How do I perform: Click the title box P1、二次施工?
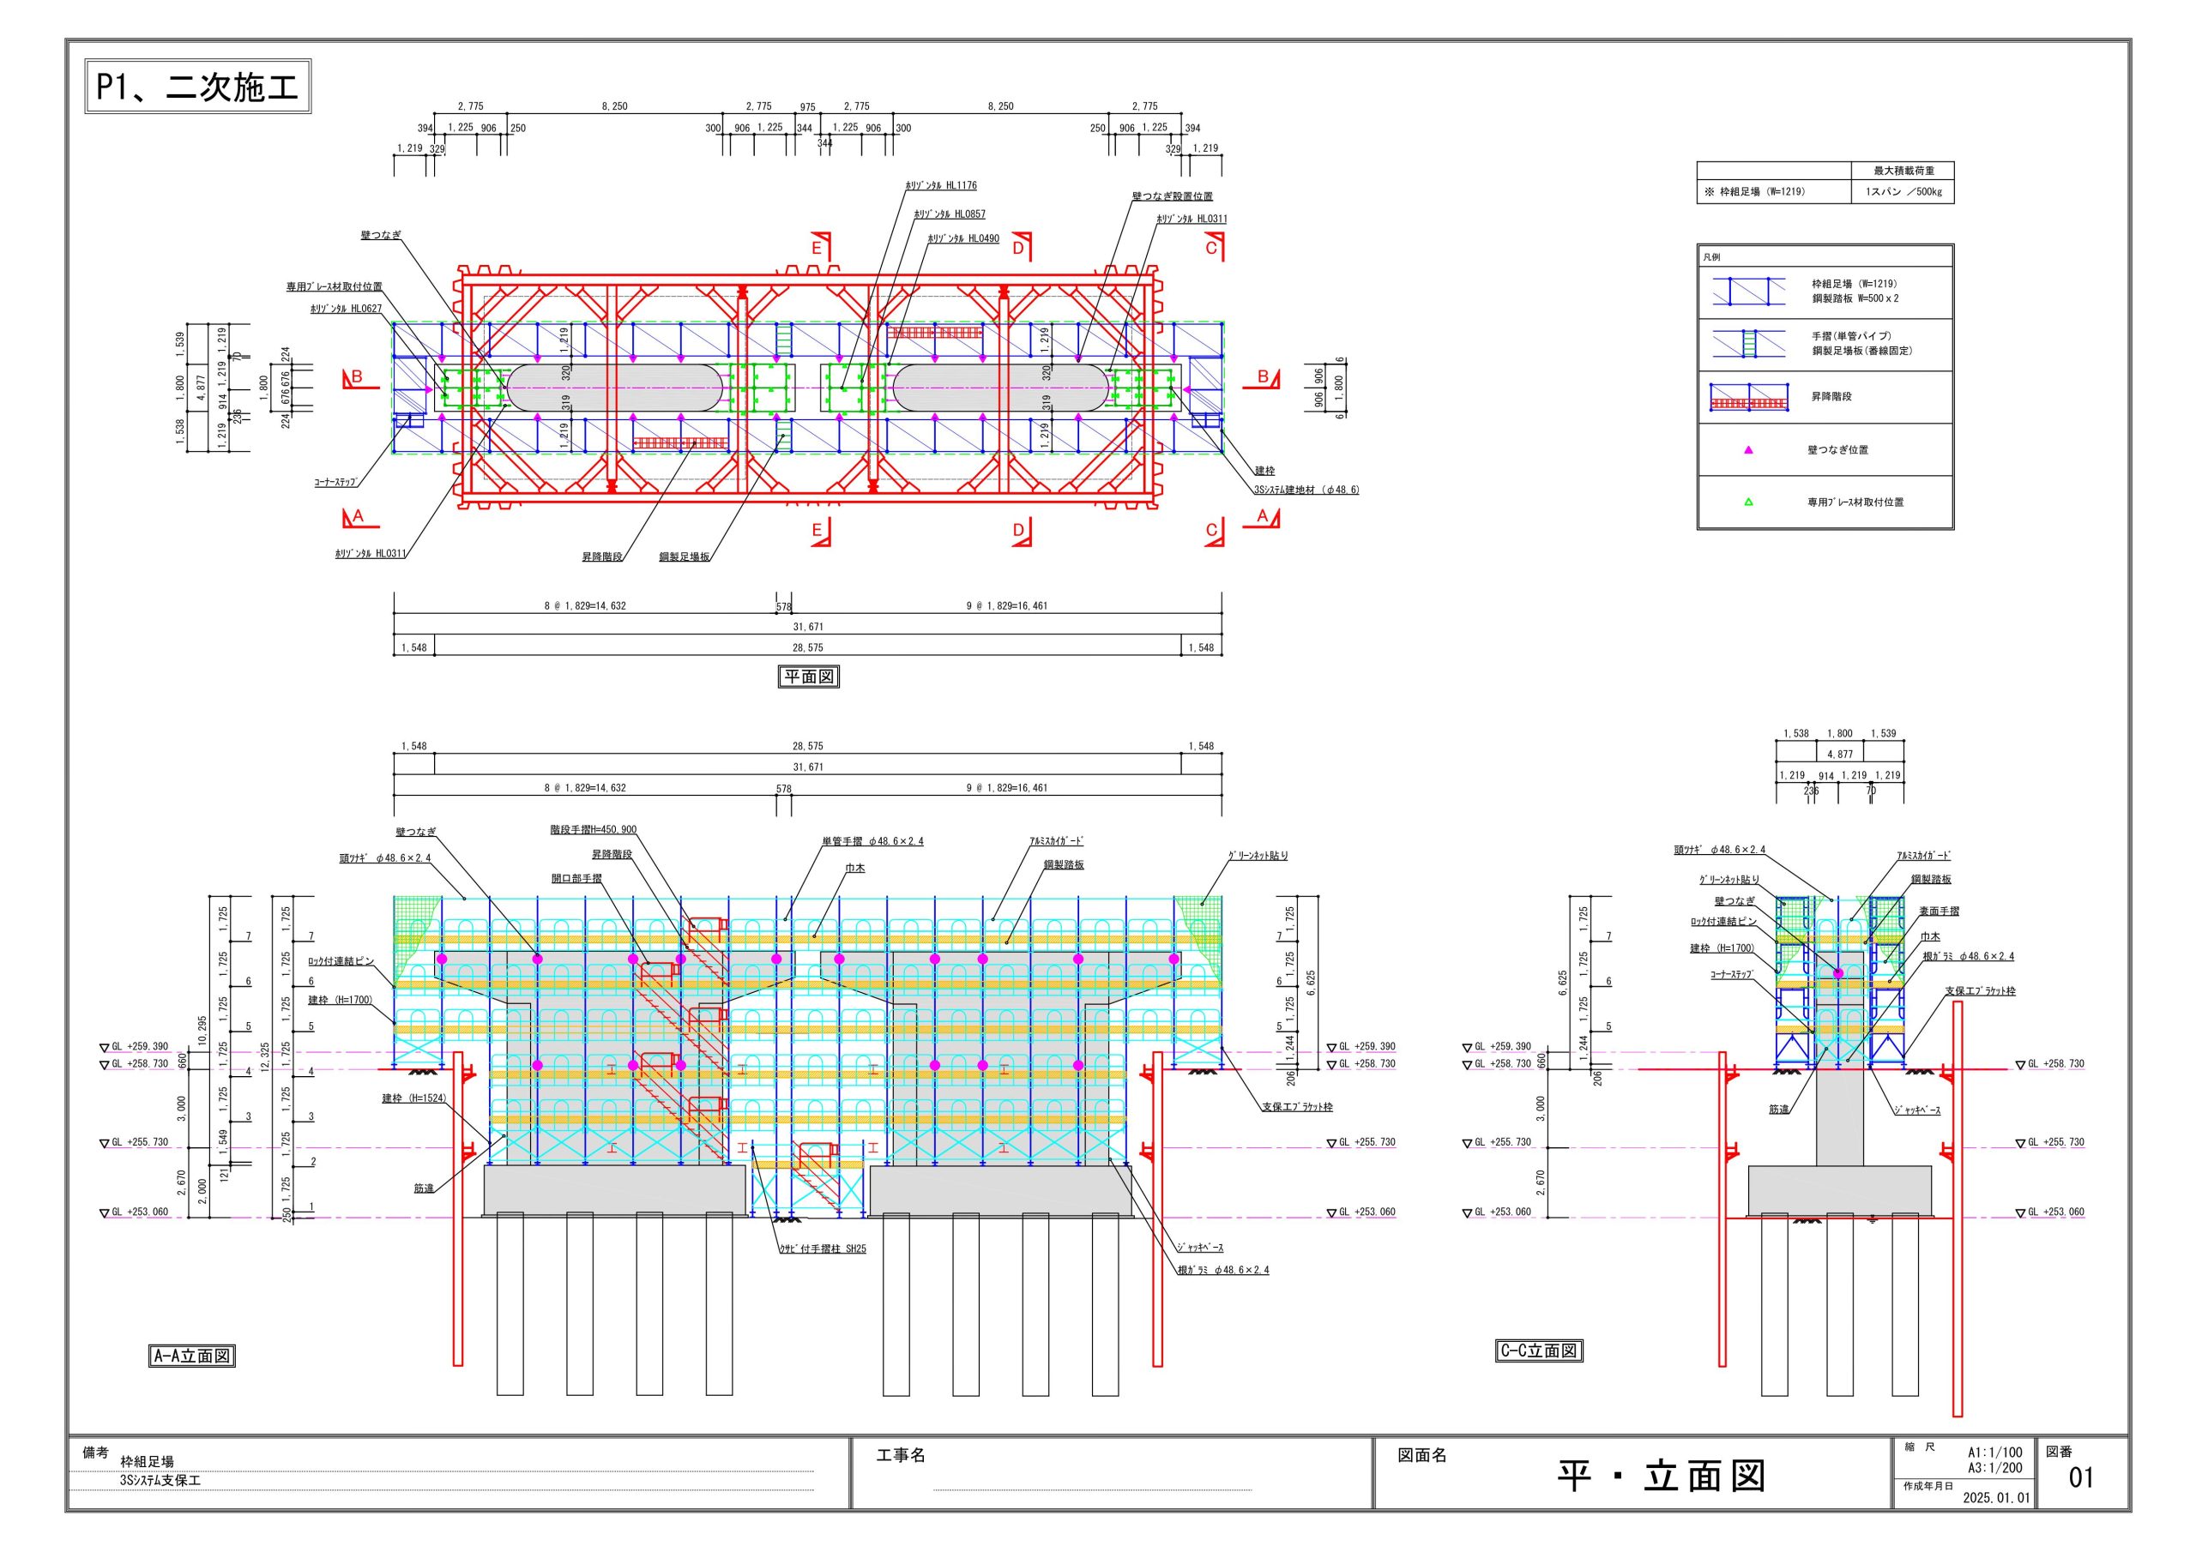198,87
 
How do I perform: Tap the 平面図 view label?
808,677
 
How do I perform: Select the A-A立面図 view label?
193,1356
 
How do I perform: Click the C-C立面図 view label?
1539,1351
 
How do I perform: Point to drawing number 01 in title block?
2081,1477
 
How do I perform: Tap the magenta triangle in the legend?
1748,450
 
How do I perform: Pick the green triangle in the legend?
1748,502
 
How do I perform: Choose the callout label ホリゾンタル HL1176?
941,185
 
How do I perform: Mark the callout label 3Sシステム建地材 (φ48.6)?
1306,490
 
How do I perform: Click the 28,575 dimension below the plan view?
807,647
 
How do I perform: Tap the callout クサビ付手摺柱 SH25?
823,1248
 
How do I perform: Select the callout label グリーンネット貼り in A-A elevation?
1258,856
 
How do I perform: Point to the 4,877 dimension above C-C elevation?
1839,755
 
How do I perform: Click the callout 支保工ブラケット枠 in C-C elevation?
1980,991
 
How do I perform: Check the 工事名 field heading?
901,1455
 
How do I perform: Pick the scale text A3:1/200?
1995,1468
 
